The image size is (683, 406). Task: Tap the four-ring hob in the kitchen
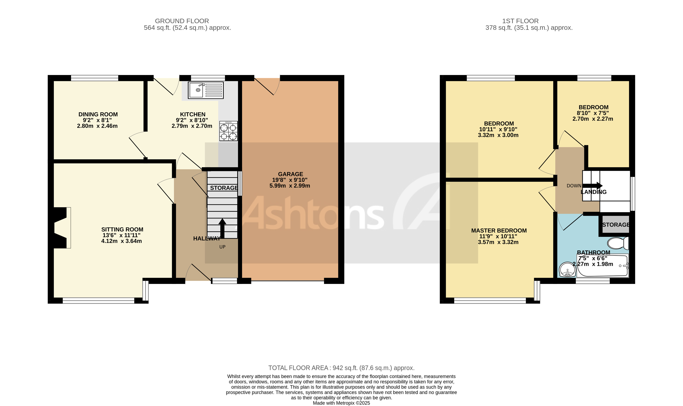228,131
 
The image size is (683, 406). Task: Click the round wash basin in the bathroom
568,270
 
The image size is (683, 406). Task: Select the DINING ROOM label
98,114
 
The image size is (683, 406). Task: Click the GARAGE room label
290,174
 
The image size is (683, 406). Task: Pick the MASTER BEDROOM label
499,231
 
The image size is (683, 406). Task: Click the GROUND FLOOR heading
182,21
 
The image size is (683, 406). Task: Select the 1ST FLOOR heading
520,21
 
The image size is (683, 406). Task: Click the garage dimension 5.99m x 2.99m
290,186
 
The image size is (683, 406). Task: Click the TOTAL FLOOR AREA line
341,368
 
